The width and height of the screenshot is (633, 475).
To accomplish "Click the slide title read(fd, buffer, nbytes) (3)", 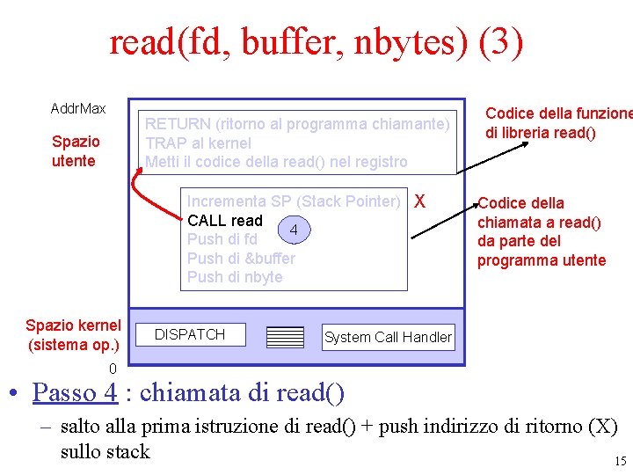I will point(316,41).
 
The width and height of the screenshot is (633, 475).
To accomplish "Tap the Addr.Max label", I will point(78,108).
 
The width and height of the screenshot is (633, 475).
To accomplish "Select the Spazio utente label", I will point(76,150).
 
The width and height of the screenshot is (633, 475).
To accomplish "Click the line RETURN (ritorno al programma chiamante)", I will point(298,124).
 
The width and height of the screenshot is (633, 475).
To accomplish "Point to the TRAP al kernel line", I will point(198,142).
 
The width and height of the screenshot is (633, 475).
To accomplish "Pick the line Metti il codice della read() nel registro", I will point(276,162).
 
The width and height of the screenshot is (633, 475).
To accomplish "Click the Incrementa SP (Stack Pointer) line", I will point(294,201).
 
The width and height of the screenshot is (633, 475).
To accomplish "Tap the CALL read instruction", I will point(225,220).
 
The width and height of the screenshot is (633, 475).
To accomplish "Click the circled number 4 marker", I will point(295,230).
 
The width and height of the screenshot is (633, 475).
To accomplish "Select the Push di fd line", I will point(222,239).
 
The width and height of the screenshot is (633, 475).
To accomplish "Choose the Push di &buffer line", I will point(241,258).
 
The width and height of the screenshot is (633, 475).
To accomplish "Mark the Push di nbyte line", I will point(235,277).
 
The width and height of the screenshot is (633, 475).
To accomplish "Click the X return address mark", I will point(419,201).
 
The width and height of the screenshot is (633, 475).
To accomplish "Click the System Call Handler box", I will point(388,337).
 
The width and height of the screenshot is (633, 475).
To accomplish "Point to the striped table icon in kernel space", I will point(284,338).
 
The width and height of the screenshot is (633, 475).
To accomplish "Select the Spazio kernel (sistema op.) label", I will point(73,335).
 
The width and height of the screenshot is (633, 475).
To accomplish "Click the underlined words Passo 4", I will point(74,391).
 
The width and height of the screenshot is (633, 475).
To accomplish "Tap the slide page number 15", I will point(620,461).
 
